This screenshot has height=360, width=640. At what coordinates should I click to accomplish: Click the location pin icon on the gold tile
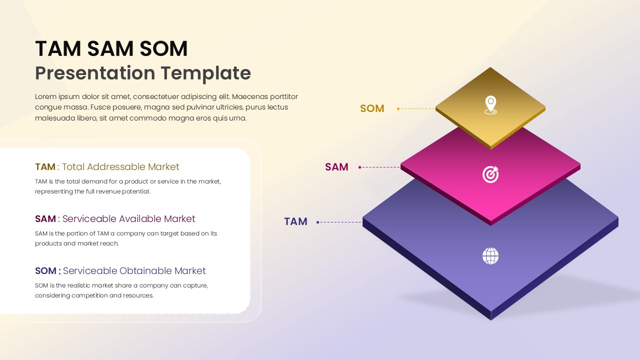[x=490, y=105]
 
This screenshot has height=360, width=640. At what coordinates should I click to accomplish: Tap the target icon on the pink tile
[x=490, y=174]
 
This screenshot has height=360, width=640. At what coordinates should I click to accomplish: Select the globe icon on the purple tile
[x=490, y=256]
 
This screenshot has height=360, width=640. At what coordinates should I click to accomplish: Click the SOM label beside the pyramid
[x=372, y=108]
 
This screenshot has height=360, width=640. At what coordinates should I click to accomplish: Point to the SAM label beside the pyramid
[x=336, y=167]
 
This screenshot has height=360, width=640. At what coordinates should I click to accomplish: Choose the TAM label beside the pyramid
[x=295, y=221]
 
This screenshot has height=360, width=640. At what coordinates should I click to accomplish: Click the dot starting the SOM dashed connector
[x=398, y=108]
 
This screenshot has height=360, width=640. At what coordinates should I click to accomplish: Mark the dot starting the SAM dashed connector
[x=360, y=167]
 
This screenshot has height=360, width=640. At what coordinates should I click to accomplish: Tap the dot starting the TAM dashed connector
[x=318, y=222]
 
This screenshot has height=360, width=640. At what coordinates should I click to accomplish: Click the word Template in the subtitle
[x=205, y=73]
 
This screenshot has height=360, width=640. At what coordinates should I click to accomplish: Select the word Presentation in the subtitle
[x=95, y=73]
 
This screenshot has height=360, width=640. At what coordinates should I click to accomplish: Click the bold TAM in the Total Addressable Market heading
[x=45, y=167]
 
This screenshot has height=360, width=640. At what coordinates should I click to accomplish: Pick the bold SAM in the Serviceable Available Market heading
[x=45, y=219]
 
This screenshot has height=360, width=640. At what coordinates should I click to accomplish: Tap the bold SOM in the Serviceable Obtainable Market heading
[x=46, y=271]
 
